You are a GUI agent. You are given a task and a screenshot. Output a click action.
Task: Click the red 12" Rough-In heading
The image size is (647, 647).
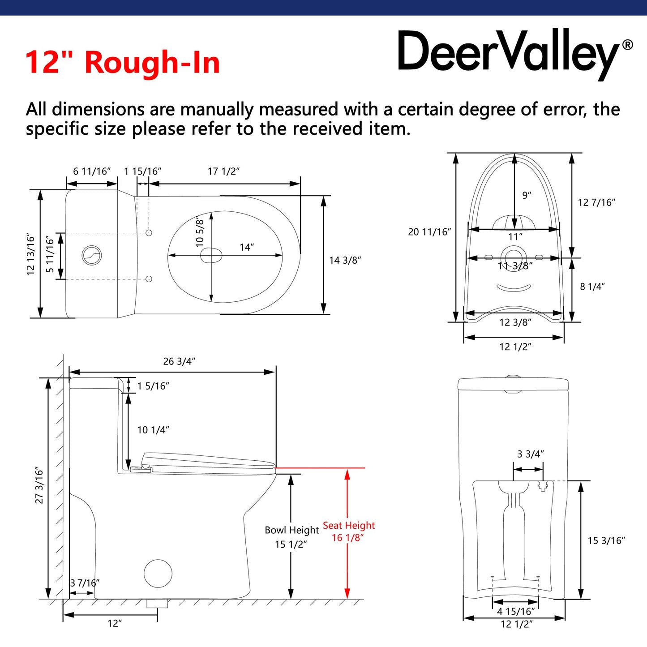(123, 62)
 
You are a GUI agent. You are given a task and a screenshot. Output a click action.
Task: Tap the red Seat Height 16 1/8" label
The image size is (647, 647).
(348, 531)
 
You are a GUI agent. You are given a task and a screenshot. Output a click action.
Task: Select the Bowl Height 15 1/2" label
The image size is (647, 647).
(291, 537)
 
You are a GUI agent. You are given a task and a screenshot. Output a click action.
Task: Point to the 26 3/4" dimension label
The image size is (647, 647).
(179, 361)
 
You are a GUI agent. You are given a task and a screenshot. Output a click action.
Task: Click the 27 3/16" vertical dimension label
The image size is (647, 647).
(39, 485)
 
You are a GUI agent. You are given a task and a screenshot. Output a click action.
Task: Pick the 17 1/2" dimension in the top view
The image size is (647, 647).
(223, 171)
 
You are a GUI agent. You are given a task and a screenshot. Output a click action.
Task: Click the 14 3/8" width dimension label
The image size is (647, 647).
(345, 260)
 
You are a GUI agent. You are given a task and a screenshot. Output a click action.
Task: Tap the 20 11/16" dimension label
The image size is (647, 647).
(429, 232)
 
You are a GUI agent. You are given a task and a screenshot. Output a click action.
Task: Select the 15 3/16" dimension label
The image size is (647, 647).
(606, 540)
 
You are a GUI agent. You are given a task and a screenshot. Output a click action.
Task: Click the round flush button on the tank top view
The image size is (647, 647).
(92, 255)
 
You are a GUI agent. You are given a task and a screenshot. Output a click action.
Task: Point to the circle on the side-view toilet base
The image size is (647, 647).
(158, 573)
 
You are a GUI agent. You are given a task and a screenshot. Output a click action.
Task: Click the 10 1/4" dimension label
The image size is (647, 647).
(153, 430)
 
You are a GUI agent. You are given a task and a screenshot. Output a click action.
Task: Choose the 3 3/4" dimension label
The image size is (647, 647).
(531, 454)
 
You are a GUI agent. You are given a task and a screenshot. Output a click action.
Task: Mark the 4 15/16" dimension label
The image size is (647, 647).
(516, 611)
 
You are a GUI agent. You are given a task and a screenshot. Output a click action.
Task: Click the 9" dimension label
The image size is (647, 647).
(527, 195)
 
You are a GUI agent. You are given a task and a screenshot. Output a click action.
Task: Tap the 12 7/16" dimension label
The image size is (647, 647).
(596, 202)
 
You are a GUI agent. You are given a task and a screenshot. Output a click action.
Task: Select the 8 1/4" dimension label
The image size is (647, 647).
(592, 287)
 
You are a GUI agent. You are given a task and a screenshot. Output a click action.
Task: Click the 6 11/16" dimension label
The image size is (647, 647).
(92, 171)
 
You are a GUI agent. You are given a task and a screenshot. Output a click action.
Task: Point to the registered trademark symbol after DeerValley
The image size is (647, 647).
(628, 45)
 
